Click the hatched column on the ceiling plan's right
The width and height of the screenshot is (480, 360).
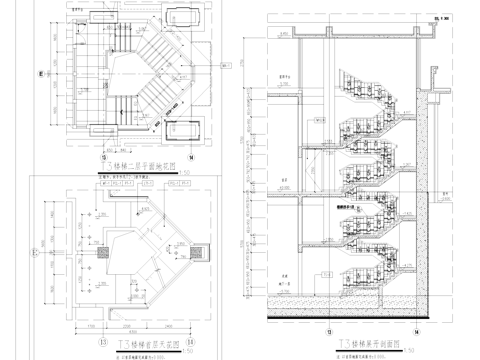click(186, 249)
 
